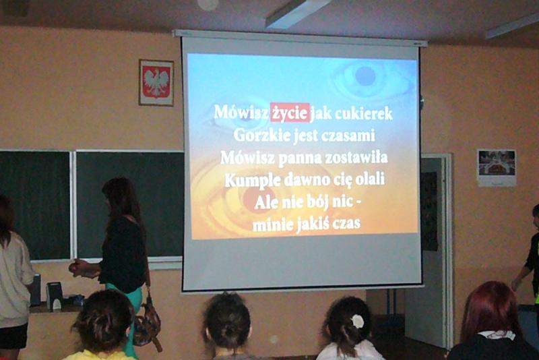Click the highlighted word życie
point(290,113)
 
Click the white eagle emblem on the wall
point(156,82)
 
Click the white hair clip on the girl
point(358,321)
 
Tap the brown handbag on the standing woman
point(147,322)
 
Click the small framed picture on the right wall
point(497,168)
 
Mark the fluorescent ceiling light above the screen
point(297,13)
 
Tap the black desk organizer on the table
point(54,296)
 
